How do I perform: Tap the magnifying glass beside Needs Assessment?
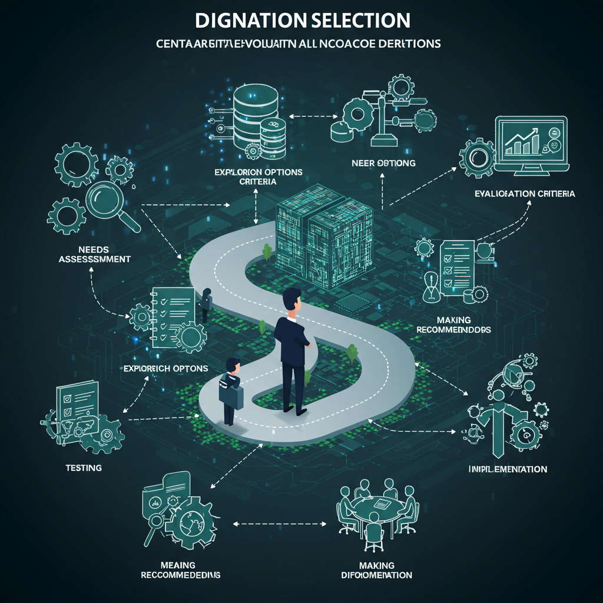[x=112, y=203]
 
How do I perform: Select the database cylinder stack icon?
[x=256, y=121]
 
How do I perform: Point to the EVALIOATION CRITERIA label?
[x=525, y=194]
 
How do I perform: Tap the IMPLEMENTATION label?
[x=508, y=469]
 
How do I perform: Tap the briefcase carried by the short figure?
[x=231, y=391]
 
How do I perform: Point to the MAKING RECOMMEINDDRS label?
[x=454, y=324]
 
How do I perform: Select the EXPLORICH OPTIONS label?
[x=166, y=368]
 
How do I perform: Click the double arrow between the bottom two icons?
[x=280, y=522]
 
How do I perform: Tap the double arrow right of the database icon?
[x=304, y=116]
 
